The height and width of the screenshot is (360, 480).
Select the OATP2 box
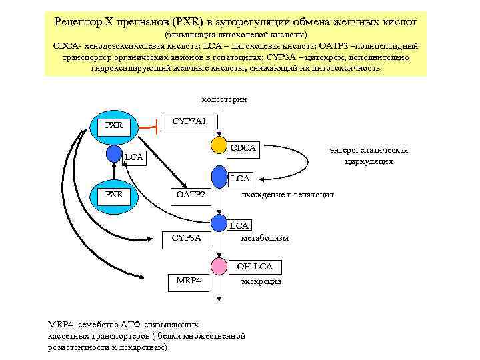point(190,195)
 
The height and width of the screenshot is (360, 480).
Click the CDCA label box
point(243,147)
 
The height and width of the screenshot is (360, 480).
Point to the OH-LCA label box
point(254,267)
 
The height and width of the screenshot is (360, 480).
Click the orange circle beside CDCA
point(219,145)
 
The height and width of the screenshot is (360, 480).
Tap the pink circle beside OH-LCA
point(219,266)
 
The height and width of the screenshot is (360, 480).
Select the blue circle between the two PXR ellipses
point(114,154)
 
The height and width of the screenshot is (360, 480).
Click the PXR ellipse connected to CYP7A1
point(115,125)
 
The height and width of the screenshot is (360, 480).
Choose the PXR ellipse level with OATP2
point(115,195)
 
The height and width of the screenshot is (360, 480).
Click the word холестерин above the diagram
point(225,99)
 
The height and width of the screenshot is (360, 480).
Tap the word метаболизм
point(265,237)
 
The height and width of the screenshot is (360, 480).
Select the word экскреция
point(261,281)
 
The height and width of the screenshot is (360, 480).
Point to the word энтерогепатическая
point(369,150)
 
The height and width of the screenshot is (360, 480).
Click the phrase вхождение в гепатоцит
point(287,195)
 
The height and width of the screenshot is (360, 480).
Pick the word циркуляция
point(369,161)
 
